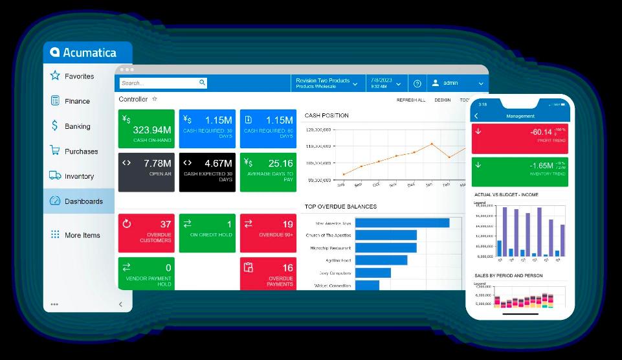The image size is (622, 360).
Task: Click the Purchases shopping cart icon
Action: tap(55, 151)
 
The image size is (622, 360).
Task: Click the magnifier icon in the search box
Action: tap(202, 83)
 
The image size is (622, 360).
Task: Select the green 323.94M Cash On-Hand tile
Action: tap(146, 128)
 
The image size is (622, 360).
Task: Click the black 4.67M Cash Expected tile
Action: tap(207, 172)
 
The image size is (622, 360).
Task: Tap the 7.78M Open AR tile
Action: tap(146, 172)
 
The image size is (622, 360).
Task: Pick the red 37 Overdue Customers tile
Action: tap(146, 232)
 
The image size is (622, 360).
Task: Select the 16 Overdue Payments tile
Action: tap(268, 273)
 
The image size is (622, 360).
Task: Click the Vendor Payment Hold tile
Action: tap(146, 273)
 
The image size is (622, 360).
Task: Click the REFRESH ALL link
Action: tap(410, 100)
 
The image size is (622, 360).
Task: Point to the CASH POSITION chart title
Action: tap(326, 115)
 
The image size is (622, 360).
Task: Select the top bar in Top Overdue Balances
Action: tap(402, 223)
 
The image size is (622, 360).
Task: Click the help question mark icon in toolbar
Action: tap(417, 84)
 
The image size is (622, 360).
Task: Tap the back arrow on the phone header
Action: tap(476, 116)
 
